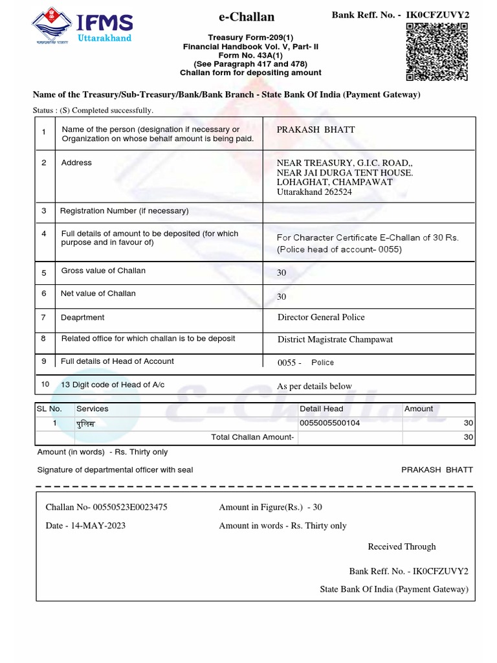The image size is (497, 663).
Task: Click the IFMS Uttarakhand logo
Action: (x=82, y=28)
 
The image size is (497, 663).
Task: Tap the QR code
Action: (x=436, y=52)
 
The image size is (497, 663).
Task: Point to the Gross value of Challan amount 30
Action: (x=282, y=273)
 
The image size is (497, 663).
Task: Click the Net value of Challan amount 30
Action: (x=282, y=297)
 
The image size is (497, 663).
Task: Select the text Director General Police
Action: (x=321, y=317)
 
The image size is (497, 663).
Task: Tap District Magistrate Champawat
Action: (x=335, y=339)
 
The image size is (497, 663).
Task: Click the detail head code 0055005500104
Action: (x=330, y=423)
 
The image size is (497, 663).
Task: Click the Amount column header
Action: (x=419, y=409)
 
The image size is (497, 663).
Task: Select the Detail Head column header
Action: (x=321, y=409)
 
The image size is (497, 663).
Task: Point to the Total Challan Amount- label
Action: (x=252, y=437)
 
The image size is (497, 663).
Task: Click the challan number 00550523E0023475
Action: (x=130, y=507)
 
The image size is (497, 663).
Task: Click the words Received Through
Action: (x=402, y=546)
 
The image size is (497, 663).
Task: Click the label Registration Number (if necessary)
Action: (x=124, y=210)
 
